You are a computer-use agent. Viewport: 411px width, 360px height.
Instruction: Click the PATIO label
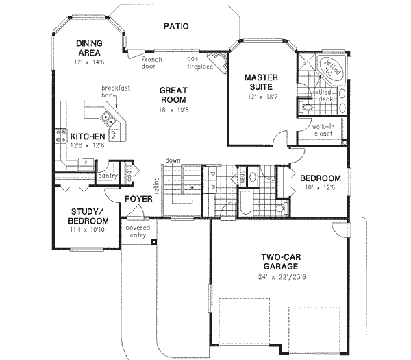[176, 27]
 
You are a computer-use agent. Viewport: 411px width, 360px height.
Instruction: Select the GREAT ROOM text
[174, 95]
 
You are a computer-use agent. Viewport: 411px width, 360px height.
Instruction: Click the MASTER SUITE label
[261, 82]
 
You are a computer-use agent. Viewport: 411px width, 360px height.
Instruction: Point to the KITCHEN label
[86, 136]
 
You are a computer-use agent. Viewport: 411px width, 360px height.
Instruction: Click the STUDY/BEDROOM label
[88, 216]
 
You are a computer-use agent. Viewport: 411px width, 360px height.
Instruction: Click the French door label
[152, 63]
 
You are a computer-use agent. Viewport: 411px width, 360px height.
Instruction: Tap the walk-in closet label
[322, 130]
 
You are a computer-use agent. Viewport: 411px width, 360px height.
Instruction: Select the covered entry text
[138, 231]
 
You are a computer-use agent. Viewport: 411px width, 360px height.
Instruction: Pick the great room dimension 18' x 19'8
[174, 110]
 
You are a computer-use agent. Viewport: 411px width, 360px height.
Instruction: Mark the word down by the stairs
[172, 160]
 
